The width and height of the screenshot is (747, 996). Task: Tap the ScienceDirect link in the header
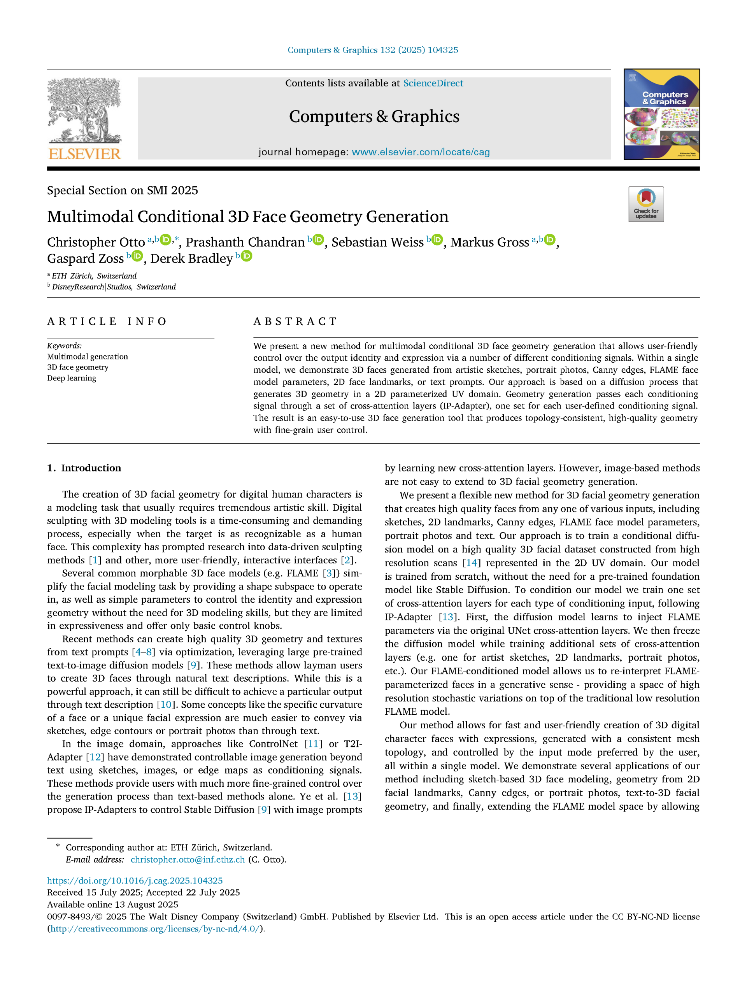(433, 83)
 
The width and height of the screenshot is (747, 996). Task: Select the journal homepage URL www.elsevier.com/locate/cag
(421, 152)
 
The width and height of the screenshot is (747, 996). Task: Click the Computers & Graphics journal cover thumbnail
(661, 114)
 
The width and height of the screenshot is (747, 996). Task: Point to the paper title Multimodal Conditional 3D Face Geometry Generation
(248, 217)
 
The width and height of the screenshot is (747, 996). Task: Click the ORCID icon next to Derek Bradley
(247, 256)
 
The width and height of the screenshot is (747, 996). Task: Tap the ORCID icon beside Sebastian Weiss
(437, 240)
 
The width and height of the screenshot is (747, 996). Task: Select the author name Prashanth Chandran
(245, 242)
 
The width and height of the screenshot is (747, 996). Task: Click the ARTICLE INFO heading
(107, 321)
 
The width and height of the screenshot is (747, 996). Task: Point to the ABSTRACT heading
(295, 321)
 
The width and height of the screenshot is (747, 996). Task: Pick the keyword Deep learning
(72, 378)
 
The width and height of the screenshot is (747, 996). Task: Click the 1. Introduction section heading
(84, 468)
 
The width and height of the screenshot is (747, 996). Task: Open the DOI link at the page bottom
(135, 881)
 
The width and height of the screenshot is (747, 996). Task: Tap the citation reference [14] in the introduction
(472, 563)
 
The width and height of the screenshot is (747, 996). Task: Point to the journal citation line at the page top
(373, 50)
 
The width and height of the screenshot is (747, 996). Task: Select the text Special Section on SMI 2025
(123, 191)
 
